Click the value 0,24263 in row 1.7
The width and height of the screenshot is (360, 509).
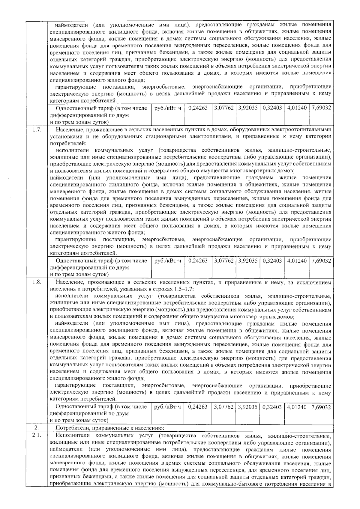click(x=198, y=261)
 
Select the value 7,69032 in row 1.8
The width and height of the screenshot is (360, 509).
click(x=321, y=407)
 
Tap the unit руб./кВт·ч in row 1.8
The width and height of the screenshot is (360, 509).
click(x=168, y=407)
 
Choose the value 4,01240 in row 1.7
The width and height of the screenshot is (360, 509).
click(x=297, y=261)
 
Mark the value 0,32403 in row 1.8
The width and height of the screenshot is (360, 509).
click(x=272, y=407)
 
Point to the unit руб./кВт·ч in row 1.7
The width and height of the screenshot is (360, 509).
click(x=168, y=261)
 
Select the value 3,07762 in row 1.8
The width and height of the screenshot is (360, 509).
click(x=223, y=407)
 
